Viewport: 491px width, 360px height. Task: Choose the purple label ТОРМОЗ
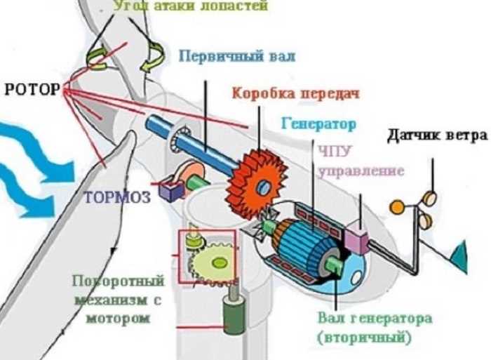point(118,197)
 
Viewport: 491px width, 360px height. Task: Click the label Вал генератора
point(360,319)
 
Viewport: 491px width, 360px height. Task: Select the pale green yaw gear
point(215,262)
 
